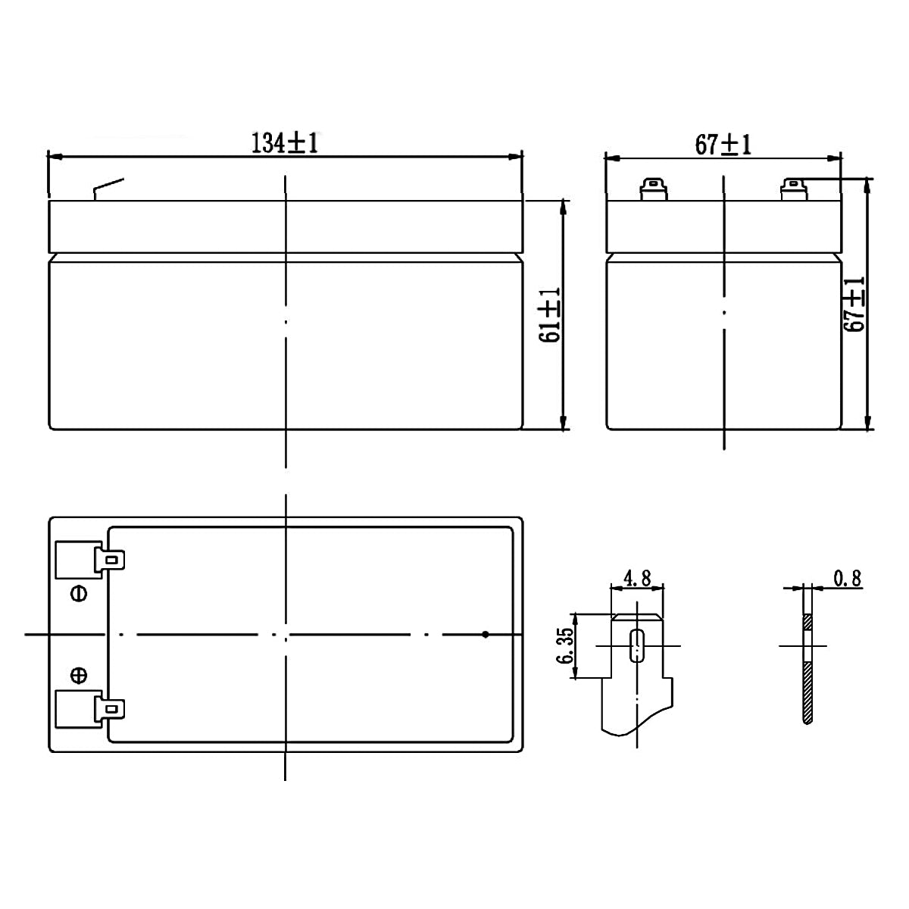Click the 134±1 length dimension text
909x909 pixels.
click(285, 143)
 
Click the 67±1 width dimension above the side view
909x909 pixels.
click(723, 144)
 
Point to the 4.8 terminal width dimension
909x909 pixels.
click(636, 579)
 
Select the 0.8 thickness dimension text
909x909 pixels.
click(847, 579)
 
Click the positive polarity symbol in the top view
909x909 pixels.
click(78, 674)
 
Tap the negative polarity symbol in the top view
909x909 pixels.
click(78, 592)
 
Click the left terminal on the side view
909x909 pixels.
click(652, 189)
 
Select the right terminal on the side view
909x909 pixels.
click(793, 189)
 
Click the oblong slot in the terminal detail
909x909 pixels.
click(636, 645)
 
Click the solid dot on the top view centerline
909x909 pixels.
click(486, 634)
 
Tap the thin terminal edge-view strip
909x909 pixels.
click(807, 667)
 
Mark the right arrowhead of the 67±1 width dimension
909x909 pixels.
click(836, 158)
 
